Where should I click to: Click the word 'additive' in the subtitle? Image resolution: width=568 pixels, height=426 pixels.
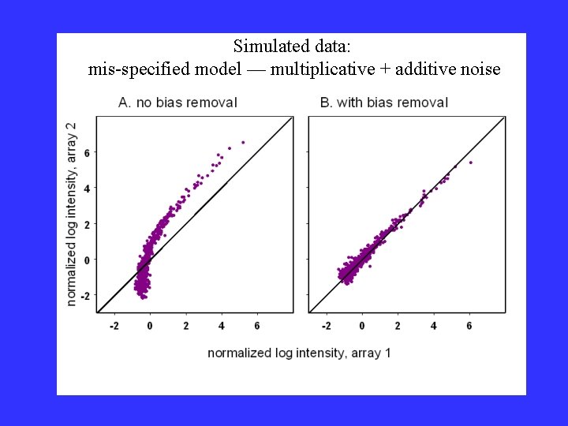426,69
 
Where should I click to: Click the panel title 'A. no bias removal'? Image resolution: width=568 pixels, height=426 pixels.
177,103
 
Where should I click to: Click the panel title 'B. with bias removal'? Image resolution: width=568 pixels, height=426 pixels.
384,103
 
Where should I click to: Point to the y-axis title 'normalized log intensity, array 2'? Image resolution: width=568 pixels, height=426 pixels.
72,213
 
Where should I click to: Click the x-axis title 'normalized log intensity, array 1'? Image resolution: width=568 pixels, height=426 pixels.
299,353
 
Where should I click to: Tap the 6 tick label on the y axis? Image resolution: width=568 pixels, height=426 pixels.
88,152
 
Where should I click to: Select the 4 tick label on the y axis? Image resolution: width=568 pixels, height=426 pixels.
88,188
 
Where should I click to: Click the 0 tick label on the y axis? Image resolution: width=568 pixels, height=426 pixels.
88,260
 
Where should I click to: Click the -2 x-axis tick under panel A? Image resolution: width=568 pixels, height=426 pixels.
114,325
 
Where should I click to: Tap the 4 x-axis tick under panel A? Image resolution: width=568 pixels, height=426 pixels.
222,325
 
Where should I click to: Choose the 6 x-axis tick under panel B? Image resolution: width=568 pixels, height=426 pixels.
469,325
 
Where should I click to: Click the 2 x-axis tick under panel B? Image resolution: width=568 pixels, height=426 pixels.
398,325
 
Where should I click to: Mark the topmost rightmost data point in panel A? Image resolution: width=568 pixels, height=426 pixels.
243,142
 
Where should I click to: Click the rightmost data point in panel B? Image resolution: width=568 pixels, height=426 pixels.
471,163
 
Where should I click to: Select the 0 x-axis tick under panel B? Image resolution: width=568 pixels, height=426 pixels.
361,325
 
